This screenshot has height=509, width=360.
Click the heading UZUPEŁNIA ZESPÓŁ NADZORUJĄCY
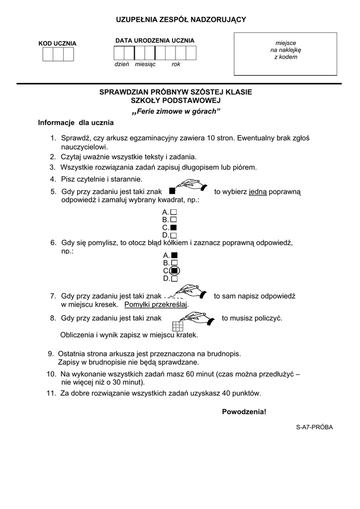(x=181, y=20)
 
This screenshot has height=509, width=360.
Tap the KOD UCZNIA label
(x=58, y=44)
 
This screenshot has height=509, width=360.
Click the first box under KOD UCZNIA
(x=48, y=54)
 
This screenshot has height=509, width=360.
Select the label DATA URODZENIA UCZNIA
(x=155, y=41)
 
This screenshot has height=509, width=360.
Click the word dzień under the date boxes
(x=122, y=64)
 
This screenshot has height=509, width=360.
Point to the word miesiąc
(x=145, y=64)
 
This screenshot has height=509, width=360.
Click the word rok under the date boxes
(x=176, y=64)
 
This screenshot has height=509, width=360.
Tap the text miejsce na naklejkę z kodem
(x=285, y=50)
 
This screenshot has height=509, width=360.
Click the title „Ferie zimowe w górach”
(x=176, y=112)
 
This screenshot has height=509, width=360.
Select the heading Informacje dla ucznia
(x=76, y=123)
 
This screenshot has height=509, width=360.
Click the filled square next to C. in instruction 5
(x=174, y=228)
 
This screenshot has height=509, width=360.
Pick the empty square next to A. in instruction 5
(x=174, y=212)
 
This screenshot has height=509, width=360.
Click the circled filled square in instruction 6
(x=175, y=270)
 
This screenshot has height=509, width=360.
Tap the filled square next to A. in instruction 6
(x=175, y=255)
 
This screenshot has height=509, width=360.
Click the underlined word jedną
(x=258, y=192)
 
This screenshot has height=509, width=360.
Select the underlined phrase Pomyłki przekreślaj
(x=156, y=305)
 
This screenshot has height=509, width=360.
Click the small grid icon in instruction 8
(x=178, y=326)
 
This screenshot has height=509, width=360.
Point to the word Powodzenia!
(x=244, y=412)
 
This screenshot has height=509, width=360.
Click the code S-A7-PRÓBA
(x=314, y=427)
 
